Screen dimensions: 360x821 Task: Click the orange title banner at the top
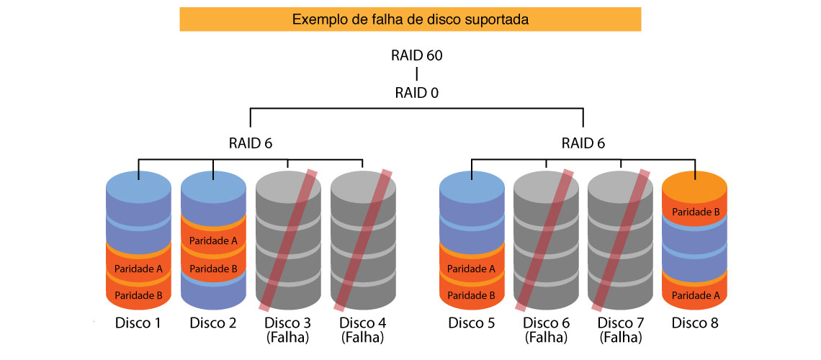coord(410,19)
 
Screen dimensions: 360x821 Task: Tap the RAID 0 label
coord(416,93)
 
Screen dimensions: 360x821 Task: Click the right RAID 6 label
coord(583,143)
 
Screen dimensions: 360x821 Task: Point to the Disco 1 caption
coord(138,323)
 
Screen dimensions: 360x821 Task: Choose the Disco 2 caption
coord(213,323)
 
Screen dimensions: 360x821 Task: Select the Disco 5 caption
coord(471,323)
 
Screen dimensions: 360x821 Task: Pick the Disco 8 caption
coord(695,323)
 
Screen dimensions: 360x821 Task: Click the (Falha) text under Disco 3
coord(287,337)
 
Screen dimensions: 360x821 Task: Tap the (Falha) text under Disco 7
coord(620,337)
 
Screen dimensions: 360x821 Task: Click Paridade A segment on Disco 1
coord(138,269)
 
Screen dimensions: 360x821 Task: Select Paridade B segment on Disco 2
coord(213,269)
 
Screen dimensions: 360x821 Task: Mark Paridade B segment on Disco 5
coord(471,294)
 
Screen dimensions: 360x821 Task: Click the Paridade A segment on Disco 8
coord(695,294)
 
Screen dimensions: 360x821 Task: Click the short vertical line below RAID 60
coord(416,75)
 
